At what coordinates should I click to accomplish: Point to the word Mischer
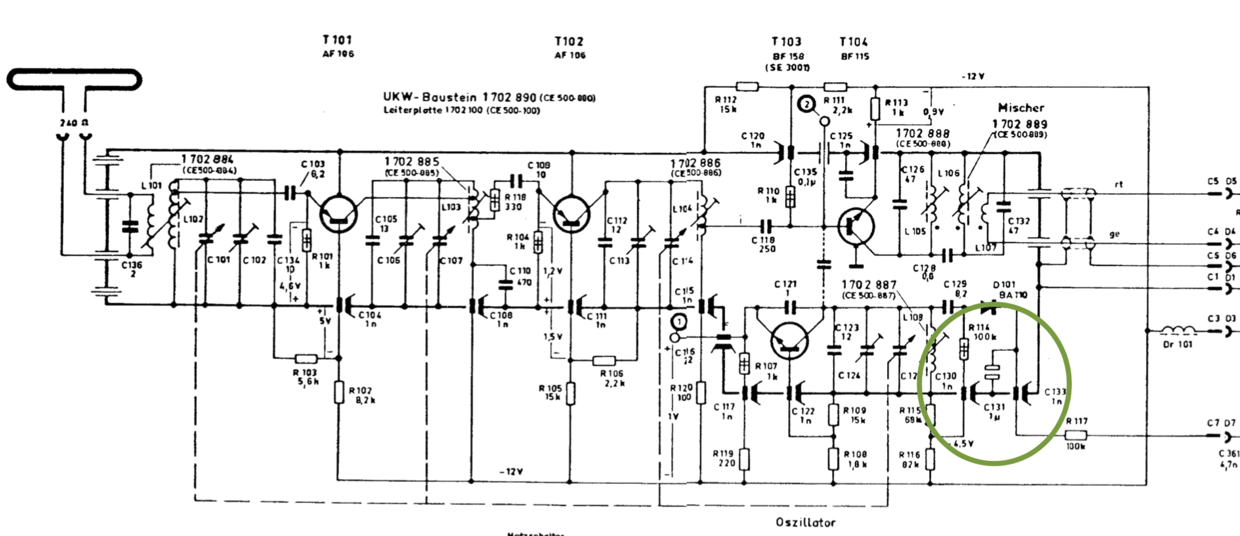(1021, 108)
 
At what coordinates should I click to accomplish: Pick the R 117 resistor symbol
(1075, 435)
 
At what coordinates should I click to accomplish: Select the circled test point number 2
(806, 104)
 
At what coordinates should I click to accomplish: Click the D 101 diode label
(1004, 285)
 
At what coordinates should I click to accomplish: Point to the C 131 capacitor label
(994, 407)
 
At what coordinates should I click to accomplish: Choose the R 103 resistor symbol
(306, 358)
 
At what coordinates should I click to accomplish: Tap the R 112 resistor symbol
(747, 87)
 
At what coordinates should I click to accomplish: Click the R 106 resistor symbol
(604, 360)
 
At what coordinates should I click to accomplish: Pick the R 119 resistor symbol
(744, 459)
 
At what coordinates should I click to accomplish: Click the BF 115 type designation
(855, 56)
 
